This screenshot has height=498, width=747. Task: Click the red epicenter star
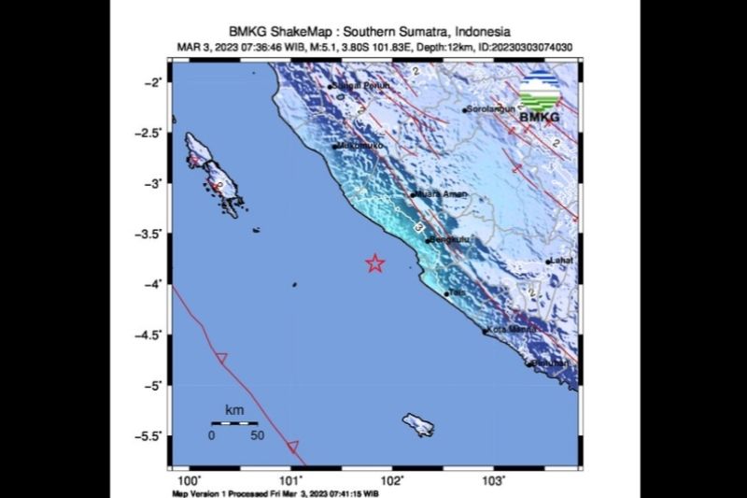[x=374, y=263]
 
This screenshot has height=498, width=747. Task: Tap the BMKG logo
[x=543, y=98]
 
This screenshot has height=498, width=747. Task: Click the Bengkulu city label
[x=449, y=240]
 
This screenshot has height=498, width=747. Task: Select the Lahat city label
[x=562, y=262]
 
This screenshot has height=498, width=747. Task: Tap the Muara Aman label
[x=441, y=194]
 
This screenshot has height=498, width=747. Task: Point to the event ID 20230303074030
[x=523, y=47]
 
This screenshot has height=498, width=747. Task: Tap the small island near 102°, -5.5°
[x=417, y=425]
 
